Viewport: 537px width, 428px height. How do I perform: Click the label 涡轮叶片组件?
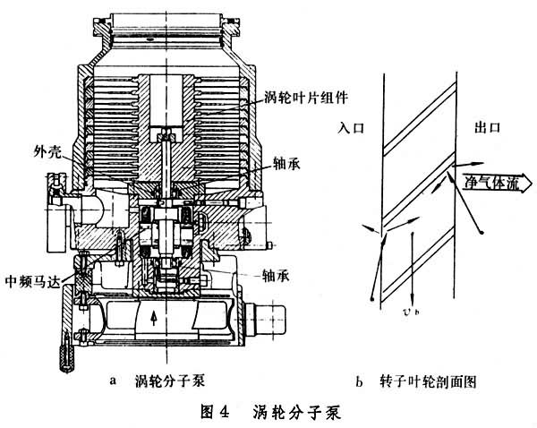306,98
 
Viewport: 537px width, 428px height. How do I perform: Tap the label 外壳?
47,150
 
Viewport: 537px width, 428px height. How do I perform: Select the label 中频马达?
33,281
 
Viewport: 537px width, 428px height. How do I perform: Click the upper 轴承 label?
286,163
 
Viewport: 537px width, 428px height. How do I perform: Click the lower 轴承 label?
276,275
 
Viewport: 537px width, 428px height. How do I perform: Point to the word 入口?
351,128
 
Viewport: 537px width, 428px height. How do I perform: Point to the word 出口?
488,127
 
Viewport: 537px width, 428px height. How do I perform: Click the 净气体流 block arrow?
494,183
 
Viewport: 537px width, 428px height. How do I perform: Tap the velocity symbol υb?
412,311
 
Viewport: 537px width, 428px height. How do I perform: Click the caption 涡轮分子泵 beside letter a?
170,381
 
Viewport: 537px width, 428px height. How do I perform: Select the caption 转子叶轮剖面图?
428,381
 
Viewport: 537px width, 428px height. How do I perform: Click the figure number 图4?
215,411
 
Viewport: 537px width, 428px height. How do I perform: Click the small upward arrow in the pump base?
154,319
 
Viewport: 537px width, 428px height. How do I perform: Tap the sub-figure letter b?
359,381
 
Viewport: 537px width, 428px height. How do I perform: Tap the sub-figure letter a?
113,381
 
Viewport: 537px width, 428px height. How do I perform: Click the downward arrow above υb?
412,269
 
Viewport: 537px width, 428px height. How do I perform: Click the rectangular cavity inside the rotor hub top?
166,100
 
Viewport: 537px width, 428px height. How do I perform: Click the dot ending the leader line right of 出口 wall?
482,233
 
